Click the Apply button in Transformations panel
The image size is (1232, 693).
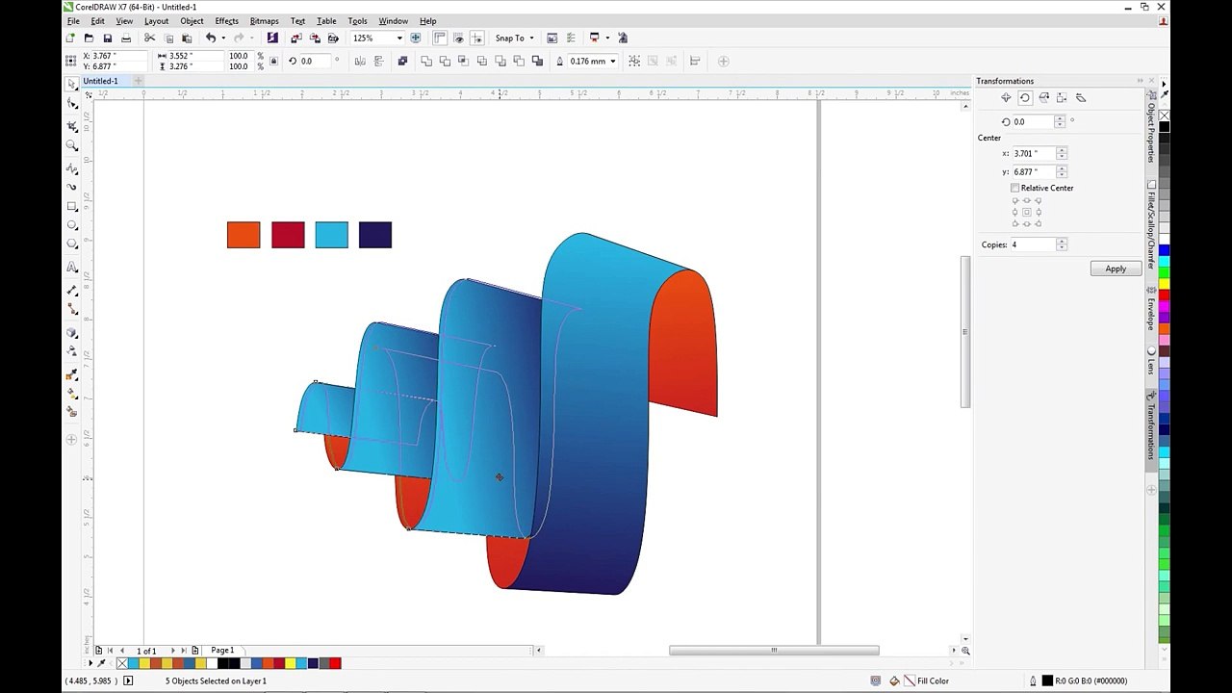pyautogui.click(x=1116, y=269)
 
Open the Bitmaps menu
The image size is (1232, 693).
pyautogui.click(x=264, y=21)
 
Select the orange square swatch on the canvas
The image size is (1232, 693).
pyautogui.click(x=244, y=235)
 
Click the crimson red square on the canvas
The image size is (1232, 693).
pyautogui.click(x=288, y=235)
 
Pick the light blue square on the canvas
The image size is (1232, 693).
pyautogui.click(x=331, y=235)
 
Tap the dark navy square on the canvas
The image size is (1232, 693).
pyautogui.click(x=375, y=235)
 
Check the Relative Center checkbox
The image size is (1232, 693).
pyautogui.click(x=1015, y=188)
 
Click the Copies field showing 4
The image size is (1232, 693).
pyautogui.click(x=1031, y=244)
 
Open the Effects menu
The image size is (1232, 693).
pyautogui.click(x=226, y=21)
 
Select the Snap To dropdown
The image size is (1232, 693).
pyautogui.click(x=514, y=38)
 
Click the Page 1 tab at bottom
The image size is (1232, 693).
pyautogui.click(x=222, y=651)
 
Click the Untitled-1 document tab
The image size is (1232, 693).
pyautogui.click(x=100, y=81)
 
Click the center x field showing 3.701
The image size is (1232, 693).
pyautogui.click(x=1033, y=153)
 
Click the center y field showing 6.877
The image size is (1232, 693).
pyautogui.click(x=1033, y=171)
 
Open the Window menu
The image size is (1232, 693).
pyautogui.click(x=393, y=21)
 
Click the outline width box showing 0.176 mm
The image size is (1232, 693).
pyautogui.click(x=588, y=62)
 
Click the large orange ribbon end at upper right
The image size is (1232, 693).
pyautogui.click(x=684, y=337)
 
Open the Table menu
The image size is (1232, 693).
pyautogui.click(x=326, y=21)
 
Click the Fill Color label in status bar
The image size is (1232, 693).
pyautogui.click(x=933, y=680)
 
